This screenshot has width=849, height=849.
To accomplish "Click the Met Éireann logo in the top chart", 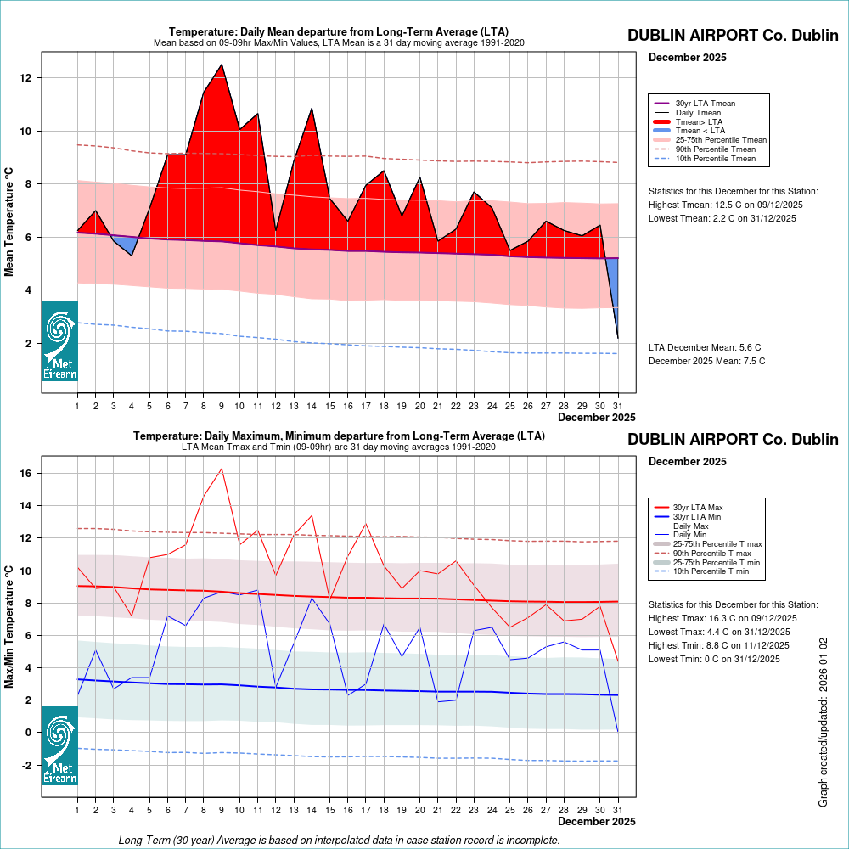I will coord(59,341).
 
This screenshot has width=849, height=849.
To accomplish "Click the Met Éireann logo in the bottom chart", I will coord(59,745).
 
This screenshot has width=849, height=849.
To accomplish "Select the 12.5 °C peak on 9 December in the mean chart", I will coord(222,65).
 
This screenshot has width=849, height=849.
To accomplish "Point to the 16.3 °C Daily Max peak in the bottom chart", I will coord(222,469).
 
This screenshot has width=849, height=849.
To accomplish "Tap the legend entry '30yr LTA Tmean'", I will coord(705,104).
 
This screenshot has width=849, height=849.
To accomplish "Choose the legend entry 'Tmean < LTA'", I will coord(700,131).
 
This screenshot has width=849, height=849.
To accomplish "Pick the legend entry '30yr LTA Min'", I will coord(697,516).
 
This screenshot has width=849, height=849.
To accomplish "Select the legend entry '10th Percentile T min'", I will coord(712,571).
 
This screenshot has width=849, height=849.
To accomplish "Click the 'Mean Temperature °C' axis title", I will coord(10,221).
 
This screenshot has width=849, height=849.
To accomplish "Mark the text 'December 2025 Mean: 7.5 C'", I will coord(706,361).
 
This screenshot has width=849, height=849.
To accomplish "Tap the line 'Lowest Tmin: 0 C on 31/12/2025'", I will coord(714,659).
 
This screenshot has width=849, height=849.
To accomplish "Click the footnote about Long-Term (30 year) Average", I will coord(339,840).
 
